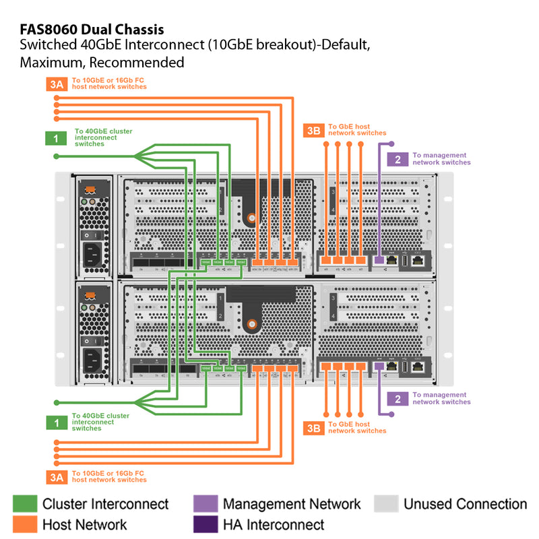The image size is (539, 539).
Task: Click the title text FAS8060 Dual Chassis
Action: pyautogui.click(x=92, y=30)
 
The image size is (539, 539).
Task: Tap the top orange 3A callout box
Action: pyautogui.click(x=57, y=84)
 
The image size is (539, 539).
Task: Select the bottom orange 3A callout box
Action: pyautogui.click(x=57, y=477)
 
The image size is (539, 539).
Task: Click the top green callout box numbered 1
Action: pyautogui.click(x=56, y=138)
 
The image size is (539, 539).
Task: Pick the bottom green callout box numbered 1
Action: pyautogui.click(x=56, y=422)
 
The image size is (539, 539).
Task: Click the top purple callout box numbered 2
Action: pyautogui.click(x=398, y=160)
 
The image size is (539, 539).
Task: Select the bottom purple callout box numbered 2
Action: pyautogui.click(x=398, y=399)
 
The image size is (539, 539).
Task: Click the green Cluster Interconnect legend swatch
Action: pyautogui.click(x=25, y=504)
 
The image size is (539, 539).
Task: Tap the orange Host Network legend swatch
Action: pyautogui.click(x=25, y=524)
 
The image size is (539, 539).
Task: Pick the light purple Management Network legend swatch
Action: pyautogui.click(x=205, y=504)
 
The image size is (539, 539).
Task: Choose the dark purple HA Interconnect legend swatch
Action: pyautogui.click(x=205, y=524)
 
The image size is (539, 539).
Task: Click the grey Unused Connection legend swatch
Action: pyautogui.click(x=385, y=504)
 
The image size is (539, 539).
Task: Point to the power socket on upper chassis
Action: pyautogui.click(x=92, y=254)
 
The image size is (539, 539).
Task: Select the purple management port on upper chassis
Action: pyautogui.click(x=379, y=259)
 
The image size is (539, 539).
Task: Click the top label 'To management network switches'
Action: pyautogui.click(x=441, y=159)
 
